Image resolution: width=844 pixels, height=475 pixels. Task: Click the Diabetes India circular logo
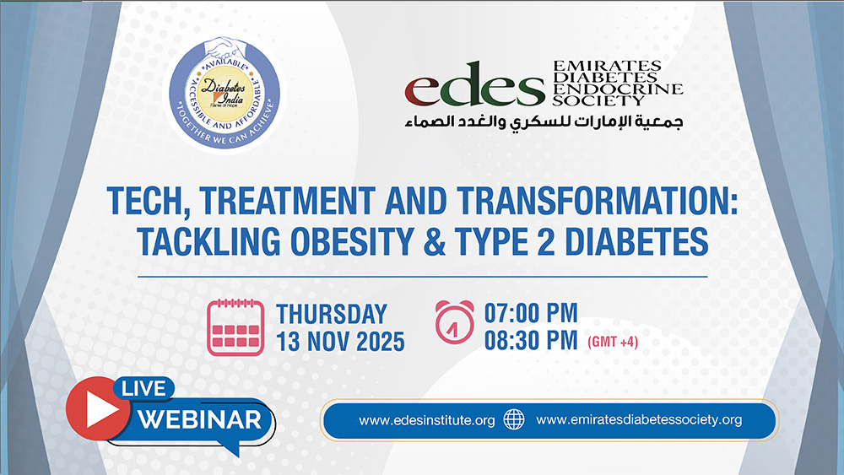click(x=225, y=94)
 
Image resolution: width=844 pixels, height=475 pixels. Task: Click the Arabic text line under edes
click(x=544, y=121)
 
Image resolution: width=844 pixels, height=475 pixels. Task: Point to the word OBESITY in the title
click(x=353, y=241)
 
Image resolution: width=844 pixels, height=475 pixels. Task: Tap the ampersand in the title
click(x=435, y=241)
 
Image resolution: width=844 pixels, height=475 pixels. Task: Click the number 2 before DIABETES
click(x=544, y=241)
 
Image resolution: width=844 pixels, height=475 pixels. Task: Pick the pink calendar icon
click(x=235, y=327)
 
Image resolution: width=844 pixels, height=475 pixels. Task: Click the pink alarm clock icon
click(x=455, y=322)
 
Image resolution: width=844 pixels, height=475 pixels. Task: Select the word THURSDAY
click(x=332, y=315)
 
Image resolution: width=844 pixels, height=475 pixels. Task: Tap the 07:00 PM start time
click(x=531, y=313)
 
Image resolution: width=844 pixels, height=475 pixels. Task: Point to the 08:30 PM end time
click(x=531, y=341)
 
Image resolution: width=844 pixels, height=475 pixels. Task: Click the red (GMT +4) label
click(x=613, y=343)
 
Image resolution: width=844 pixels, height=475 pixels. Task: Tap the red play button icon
click(x=99, y=409)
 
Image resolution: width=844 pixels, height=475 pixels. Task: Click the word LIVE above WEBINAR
click(x=143, y=389)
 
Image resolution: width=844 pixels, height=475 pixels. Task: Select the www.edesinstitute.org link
click(x=427, y=420)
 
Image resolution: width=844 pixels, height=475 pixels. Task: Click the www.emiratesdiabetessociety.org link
click(x=639, y=419)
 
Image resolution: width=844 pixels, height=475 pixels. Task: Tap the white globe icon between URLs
click(x=513, y=419)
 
